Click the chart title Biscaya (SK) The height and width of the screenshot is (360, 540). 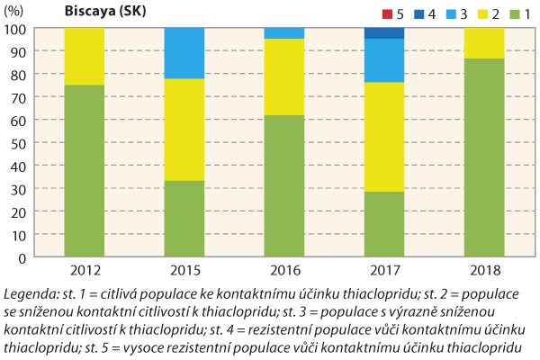tap(104, 12)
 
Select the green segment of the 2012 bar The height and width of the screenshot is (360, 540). tap(84, 171)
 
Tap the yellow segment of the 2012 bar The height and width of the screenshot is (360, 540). tap(84, 56)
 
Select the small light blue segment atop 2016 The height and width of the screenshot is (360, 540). tap(283, 33)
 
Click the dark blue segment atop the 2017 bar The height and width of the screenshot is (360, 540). tap(383, 33)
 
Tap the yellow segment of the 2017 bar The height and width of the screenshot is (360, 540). tap(383, 137)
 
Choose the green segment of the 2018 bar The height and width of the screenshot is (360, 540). tap(483, 157)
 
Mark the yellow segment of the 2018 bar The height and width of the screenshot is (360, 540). tap(483, 43)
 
